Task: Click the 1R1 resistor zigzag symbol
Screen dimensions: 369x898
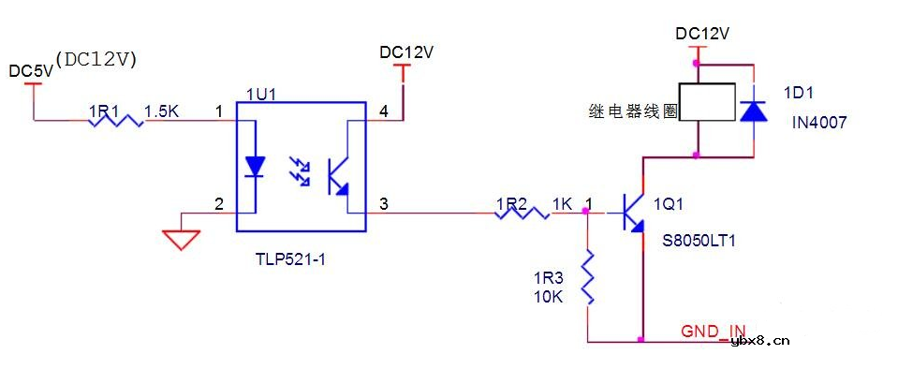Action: (x=116, y=119)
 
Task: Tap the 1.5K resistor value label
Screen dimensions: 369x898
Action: (x=161, y=111)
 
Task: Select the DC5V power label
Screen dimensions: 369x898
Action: (x=30, y=71)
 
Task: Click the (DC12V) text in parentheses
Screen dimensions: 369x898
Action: (x=97, y=58)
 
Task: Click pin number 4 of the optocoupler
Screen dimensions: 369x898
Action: (x=383, y=111)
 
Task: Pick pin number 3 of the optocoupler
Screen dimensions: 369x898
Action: (x=383, y=203)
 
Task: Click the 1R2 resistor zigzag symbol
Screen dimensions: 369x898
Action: (x=522, y=214)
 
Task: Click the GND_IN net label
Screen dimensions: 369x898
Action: (x=713, y=331)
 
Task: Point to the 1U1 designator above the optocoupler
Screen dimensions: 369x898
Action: (x=261, y=94)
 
